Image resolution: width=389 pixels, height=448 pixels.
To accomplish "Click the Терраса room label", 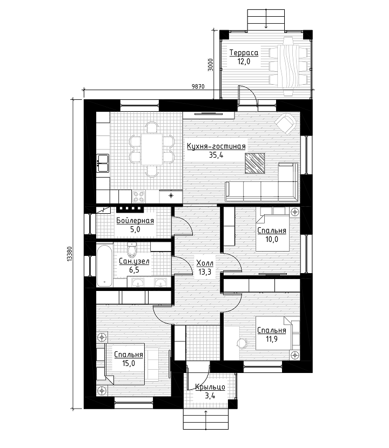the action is (x=244, y=53).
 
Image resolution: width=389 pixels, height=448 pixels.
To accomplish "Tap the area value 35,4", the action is (x=216, y=155).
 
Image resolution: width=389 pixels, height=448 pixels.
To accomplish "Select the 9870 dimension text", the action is (x=198, y=86).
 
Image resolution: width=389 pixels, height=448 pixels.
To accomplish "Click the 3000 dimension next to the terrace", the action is (x=211, y=65).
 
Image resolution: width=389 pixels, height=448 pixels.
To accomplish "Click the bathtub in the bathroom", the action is (x=105, y=265).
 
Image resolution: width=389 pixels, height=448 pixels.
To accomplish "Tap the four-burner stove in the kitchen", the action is (x=139, y=196).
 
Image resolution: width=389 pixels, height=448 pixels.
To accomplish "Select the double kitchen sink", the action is (x=103, y=163).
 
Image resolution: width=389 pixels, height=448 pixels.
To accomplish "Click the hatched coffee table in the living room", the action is (x=254, y=163).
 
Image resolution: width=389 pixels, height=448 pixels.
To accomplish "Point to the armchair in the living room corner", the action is (x=285, y=124).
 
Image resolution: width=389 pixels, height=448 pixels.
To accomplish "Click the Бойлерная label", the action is (x=135, y=221).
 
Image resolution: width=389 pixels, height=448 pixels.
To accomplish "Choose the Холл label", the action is (x=205, y=262).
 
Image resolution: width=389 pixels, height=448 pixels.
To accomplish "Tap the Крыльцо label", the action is (x=210, y=388).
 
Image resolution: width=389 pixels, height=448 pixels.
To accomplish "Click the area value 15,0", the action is (x=129, y=363).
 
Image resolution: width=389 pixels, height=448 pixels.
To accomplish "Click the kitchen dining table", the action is (x=151, y=150).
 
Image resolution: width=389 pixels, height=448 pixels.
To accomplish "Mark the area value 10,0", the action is (x=272, y=239).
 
